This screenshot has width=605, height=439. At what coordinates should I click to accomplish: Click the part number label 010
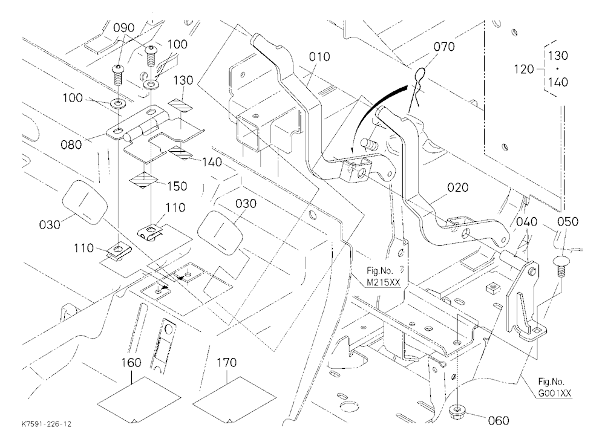(319, 57)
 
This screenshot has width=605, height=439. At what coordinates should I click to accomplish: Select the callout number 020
(458, 187)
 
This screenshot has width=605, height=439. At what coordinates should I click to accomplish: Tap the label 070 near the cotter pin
(444, 47)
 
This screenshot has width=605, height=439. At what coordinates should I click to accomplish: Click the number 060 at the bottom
(499, 420)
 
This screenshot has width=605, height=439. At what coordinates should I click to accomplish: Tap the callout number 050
(568, 221)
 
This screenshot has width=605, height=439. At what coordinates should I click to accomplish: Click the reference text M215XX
(384, 282)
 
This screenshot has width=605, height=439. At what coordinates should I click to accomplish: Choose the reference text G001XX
(555, 394)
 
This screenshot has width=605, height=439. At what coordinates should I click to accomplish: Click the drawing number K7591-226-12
(47, 424)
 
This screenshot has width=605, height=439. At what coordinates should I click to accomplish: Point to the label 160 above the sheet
(131, 363)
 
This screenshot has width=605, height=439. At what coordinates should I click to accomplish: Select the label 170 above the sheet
(226, 363)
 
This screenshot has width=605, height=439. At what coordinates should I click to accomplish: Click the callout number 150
(177, 186)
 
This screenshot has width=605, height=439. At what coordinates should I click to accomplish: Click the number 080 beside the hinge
(71, 145)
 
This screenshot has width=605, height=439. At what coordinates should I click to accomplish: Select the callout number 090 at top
(124, 28)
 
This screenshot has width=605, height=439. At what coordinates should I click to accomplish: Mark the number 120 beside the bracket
(524, 70)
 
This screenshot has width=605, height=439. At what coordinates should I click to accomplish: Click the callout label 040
(527, 221)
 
